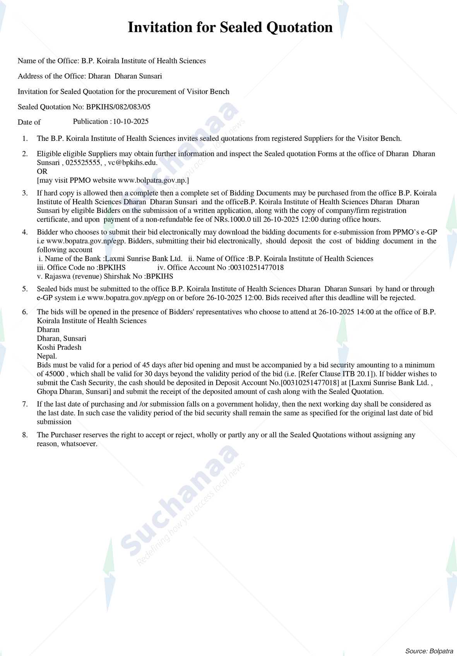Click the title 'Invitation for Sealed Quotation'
pyautogui.click(x=230, y=27)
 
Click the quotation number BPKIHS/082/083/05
pyautogui.click(x=118, y=107)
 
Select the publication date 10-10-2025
pyautogui.click(x=131, y=122)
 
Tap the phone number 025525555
pyautogui.click(x=83, y=163)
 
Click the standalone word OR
pyautogui.click(x=42, y=171)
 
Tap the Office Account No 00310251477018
pyautogui.click(x=257, y=267)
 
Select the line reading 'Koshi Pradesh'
pyautogui.click(x=59, y=347)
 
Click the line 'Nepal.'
pyautogui.click(x=47, y=356)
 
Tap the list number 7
pyautogui.click(x=25, y=404)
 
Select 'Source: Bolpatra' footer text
pyautogui.click(x=429, y=651)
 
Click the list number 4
pyautogui.click(x=25, y=232)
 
